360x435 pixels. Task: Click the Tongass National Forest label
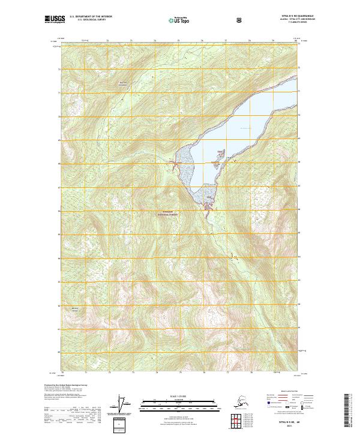click(167, 214)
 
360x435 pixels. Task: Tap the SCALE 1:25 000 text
click(180, 395)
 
